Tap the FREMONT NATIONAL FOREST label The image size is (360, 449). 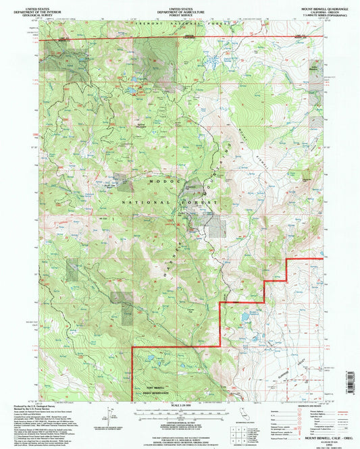tap(180, 26)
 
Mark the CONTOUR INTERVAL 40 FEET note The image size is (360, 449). tap(180, 420)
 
